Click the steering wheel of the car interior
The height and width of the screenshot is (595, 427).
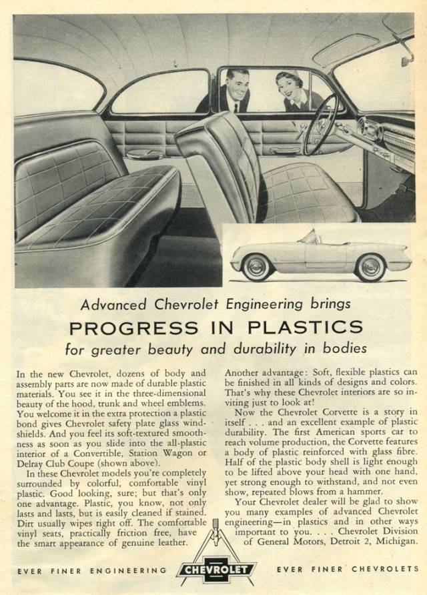coord(320,123)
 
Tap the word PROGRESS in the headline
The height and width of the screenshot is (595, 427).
coord(133,328)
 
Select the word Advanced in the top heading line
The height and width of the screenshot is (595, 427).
coord(113,304)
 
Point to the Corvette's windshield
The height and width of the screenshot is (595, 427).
coord(308,237)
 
